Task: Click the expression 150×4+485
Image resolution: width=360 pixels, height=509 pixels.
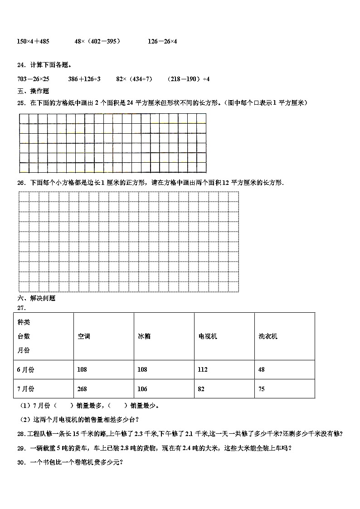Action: (33, 41)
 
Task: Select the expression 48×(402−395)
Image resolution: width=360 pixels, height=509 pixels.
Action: (97, 41)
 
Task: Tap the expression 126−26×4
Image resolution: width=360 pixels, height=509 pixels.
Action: (162, 41)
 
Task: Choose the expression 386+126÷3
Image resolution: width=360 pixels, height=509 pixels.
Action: (84, 79)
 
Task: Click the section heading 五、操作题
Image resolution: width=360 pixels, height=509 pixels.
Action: (33, 91)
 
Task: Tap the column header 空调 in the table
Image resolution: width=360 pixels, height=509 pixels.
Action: (84, 336)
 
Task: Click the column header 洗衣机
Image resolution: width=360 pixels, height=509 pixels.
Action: (268, 336)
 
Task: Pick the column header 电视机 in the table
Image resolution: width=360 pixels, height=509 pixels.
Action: (208, 336)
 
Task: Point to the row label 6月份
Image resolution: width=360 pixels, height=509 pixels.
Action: (25, 369)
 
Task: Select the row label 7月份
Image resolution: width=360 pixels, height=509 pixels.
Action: (25, 389)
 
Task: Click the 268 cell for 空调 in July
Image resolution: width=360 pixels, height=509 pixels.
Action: (82, 389)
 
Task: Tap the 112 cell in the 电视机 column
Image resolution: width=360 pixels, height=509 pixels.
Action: (202, 369)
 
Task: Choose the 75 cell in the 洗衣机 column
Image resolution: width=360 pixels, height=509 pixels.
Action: (262, 389)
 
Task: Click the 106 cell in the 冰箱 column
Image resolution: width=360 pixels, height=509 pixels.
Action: (142, 389)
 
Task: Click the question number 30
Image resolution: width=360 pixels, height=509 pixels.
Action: (21, 462)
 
